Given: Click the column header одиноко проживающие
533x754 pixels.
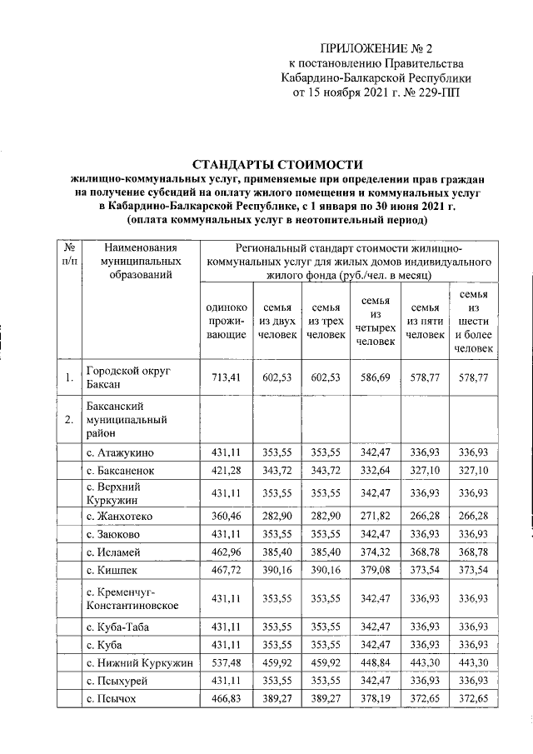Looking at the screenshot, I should tap(226, 321).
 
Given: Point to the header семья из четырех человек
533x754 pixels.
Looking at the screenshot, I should tap(374, 321).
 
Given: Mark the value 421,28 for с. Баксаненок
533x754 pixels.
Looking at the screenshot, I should tap(226, 472).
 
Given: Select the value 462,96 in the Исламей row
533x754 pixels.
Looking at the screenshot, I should tap(226, 555).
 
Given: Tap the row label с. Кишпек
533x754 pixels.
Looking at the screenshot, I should tap(112, 573).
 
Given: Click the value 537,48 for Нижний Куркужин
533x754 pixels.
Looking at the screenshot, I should tap(226, 662).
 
